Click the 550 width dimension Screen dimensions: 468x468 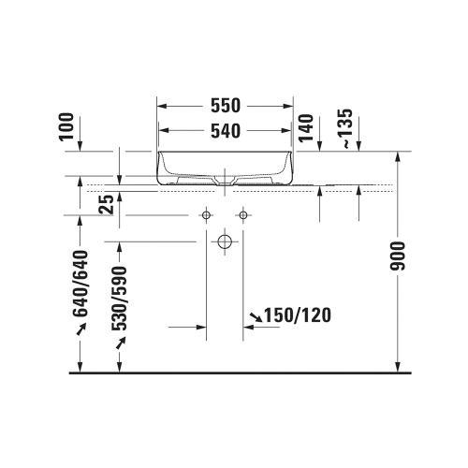[x=226, y=106]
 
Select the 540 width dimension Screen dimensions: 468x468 [x=226, y=131]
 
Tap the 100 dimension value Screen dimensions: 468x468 [x=66, y=127]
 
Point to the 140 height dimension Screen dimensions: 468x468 [x=306, y=128]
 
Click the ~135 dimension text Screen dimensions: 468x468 [x=346, y=128]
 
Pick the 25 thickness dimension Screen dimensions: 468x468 [x=106, y=204]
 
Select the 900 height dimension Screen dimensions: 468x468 [x=398, y=256]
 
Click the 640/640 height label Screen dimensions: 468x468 [x=80, y=284]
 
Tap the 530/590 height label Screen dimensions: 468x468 [x=120, y=299]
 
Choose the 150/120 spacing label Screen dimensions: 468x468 [x=298, y=315]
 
